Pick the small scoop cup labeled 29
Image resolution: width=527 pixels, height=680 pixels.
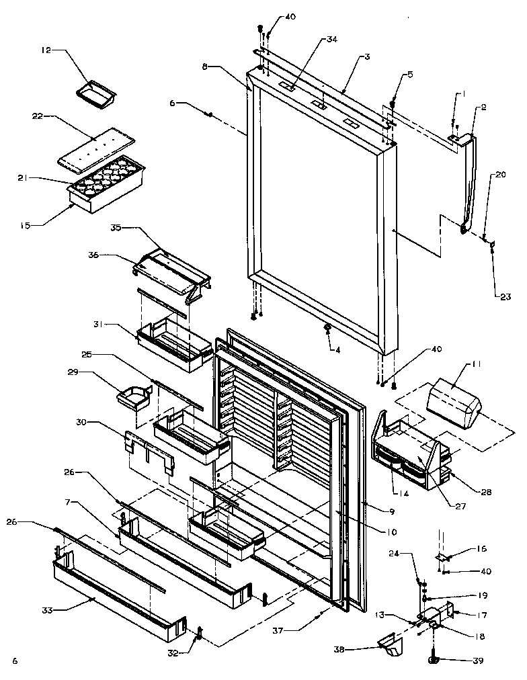click(x=134, y=400)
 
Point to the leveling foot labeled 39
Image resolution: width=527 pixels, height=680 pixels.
click(x=434, y=661)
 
